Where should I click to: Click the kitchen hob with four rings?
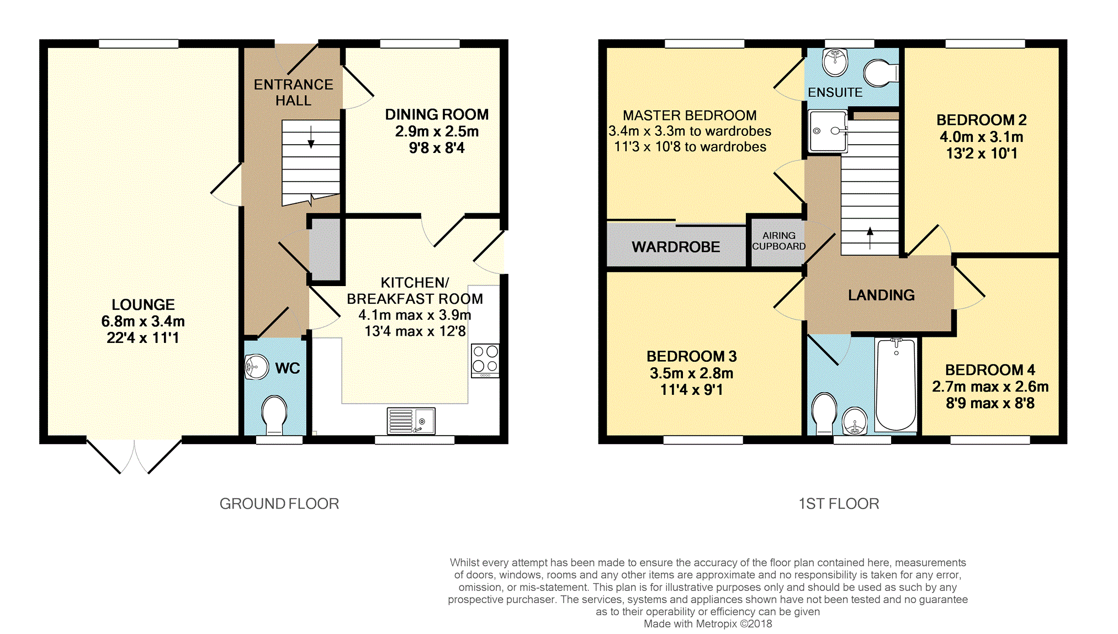[x=485, y=361]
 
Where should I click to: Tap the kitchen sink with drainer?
[x=411, y=421]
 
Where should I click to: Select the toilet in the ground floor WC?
[x=274, y=415]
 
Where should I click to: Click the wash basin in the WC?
[x=256, y=367]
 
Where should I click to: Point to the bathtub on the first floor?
[x=896, y=384]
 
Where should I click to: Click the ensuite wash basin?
[x=835, y=62]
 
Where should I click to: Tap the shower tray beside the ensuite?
[x=828, y=131]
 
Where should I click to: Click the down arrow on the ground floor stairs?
[x=311, y=137]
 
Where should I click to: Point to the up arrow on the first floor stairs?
[x=870, y=238]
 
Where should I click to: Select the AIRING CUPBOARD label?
[x=778, y=241]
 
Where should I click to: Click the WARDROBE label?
[x=676, y=247]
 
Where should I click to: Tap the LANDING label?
[x=881, y=295]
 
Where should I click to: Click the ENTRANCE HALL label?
[x=293, y=93]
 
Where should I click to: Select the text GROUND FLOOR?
[x=279, y=504]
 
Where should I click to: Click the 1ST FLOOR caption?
[x=839, y=504]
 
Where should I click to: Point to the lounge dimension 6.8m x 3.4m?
[x=143, y=321]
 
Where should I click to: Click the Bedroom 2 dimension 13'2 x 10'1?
[x=982, y=154]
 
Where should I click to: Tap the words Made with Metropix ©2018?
[x=708, y=624]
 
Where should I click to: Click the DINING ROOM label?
[x=437, y=114]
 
